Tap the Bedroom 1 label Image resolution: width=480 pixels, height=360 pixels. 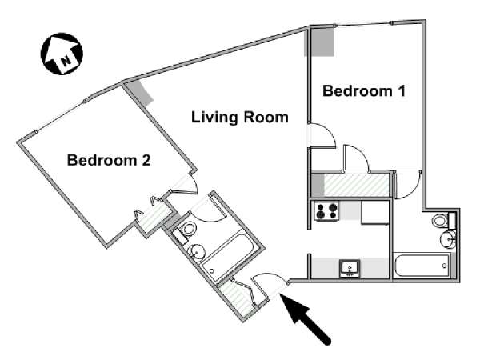coord(363,91)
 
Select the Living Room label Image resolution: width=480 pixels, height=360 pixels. coord(239,118)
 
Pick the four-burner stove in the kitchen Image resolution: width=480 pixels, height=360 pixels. coord(326,212)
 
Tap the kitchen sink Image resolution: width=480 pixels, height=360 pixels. coord(350,268)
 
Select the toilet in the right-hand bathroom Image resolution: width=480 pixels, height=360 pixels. coord(442,221)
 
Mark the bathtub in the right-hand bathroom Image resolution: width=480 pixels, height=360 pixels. coord(422,266)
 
